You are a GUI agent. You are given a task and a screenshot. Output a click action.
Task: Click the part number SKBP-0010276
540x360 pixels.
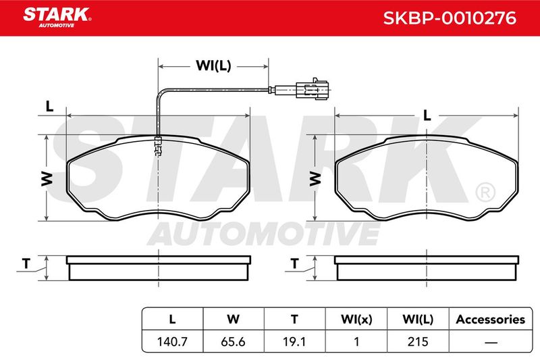pos(450,18)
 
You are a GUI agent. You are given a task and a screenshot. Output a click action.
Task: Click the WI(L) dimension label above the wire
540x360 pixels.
pos(213,66)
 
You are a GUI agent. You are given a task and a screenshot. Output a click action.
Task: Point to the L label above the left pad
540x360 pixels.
pos(49,107)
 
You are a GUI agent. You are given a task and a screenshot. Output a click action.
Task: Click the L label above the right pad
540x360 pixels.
pos(427,115)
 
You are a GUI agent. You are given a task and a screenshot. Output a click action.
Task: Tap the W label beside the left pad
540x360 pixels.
pos(47,179)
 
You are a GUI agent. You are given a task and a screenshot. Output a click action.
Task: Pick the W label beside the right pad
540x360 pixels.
pos(315,179)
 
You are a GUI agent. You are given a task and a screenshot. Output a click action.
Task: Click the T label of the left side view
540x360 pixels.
pos(26,264)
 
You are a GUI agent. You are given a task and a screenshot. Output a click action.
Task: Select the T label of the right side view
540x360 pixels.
pos(294,264)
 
